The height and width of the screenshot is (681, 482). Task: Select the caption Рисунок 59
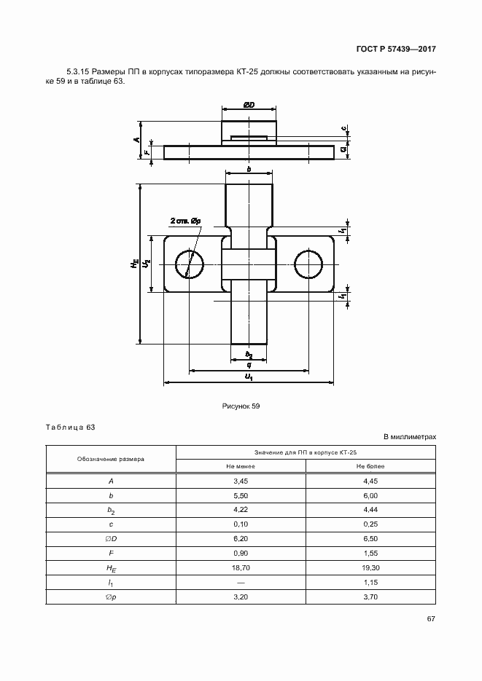click(241, 406)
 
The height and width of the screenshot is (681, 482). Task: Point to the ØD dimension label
click(249, 105)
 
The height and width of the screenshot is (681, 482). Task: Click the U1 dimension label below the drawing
click(249, 377)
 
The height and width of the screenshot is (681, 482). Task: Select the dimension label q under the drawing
click(249, 365)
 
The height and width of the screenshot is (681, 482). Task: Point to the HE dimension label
click(134, 263)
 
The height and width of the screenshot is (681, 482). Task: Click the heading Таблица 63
click(71, 427)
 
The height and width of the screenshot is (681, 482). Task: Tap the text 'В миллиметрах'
click(409, 436)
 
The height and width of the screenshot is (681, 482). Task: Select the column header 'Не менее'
click(241, 466)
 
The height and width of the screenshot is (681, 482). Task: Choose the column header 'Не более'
click(370, 466)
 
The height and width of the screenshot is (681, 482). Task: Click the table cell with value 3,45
click(241, 481)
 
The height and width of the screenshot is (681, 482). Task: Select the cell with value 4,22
click(241, 509)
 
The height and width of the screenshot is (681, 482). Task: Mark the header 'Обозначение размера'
click(111, 460)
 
